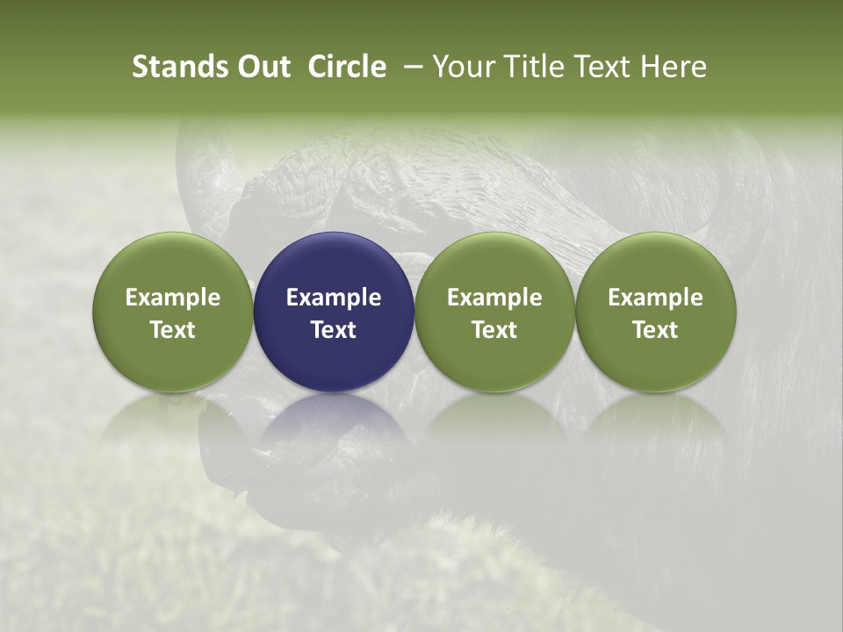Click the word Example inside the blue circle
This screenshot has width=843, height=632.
334,298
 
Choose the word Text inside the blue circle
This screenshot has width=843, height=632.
334,330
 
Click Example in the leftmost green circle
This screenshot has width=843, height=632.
173,298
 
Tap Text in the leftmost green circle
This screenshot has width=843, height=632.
173,330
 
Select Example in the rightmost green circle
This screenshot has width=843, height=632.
656,298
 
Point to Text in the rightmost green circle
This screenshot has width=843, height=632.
656,330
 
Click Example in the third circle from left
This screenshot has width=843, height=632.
494,298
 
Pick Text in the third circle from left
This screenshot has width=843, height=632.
494,330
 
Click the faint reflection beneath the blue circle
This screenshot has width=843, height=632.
334,430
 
